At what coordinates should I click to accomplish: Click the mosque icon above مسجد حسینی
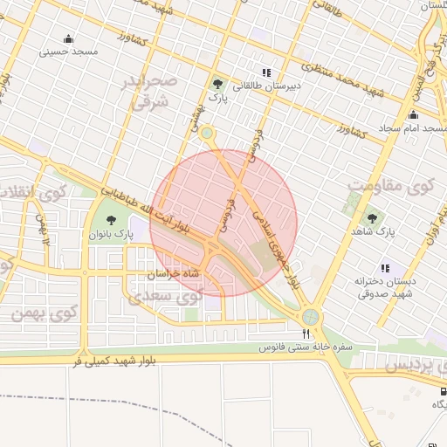click(68, 38)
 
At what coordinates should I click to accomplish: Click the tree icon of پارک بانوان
click(110, 220)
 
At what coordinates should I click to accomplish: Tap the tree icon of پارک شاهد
click(373, 219)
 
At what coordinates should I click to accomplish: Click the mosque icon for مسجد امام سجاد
click(413, 115)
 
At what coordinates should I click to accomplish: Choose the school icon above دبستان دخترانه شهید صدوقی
click(385, 268)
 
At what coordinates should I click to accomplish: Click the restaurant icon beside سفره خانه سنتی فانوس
click(306, 334)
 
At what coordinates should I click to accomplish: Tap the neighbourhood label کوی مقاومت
click(390, 186)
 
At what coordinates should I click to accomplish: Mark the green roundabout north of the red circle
click(207, 133)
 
